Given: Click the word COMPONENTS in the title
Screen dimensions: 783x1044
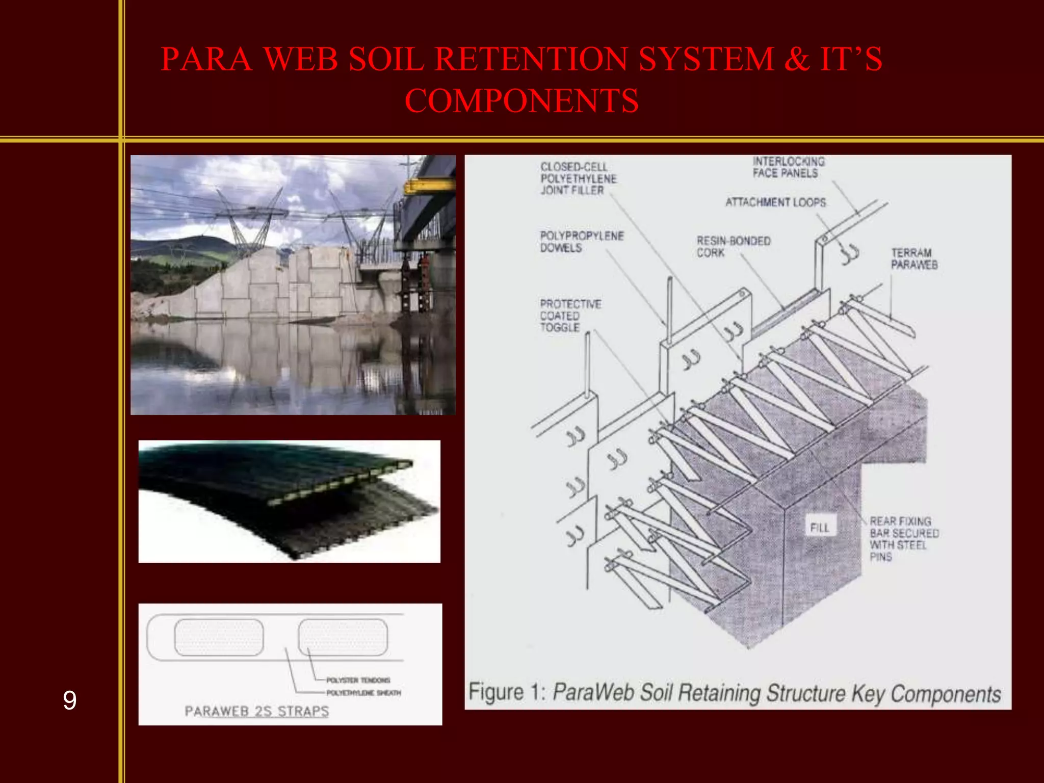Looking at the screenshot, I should [x=521, y=100].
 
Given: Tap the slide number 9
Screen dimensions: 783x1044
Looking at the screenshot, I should [x=70, y=700].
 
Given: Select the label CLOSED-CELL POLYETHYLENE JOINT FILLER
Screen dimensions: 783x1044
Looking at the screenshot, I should [x=578, y=178].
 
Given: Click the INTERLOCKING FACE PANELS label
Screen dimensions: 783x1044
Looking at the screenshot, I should [x=788, y=167].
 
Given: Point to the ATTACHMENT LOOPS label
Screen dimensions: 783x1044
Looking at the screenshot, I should [x=775, y=202].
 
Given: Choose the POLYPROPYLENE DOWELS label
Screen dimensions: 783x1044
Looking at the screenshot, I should [x=581, y=242].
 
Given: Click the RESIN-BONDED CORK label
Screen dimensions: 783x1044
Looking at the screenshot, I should [x=733, y=246].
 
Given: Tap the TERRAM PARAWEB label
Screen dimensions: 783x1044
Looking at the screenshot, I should [x=914, y=258].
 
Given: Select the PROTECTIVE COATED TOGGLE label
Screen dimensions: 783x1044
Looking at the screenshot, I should [x=570, y=316].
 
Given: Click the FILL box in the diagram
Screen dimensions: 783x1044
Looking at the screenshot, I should [x=820, y=528].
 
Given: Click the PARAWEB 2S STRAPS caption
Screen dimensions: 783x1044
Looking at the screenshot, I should [x=256, y=711].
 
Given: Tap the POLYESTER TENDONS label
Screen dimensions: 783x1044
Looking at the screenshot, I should [x=358, y=680].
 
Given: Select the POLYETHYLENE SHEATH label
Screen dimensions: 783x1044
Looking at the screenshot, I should [x=363, y=693].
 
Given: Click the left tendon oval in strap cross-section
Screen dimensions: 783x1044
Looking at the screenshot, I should [x=219, y=637].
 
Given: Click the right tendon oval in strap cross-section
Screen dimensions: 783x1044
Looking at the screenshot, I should [x=343, y=637].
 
